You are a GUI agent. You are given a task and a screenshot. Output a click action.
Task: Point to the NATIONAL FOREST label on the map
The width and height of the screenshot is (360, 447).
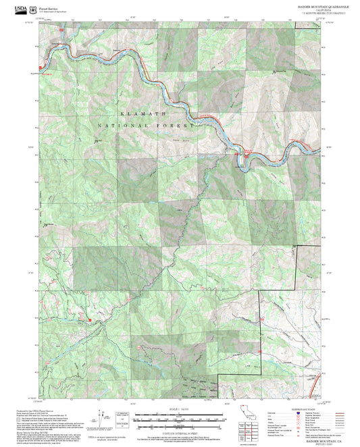pyautogui.click(x=145, y=126)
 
